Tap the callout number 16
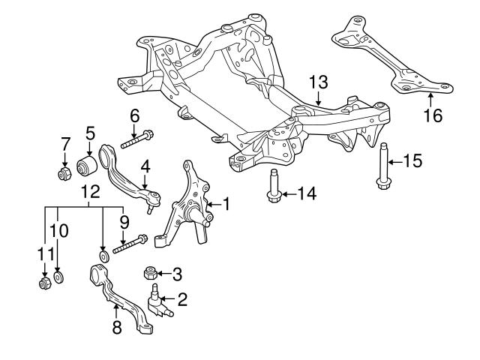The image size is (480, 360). (x=433, y=115)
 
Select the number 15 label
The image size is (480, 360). (x=412, y=160)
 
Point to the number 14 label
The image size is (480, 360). (x=306, y=193)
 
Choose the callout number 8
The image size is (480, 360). (x=116, y=327)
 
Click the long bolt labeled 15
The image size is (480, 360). (x=383, y=165)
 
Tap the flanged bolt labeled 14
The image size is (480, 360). (x=273, y=187)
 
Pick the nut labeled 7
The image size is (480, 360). (x=64, y=175)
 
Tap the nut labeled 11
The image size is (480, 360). (x=43, y=283)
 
